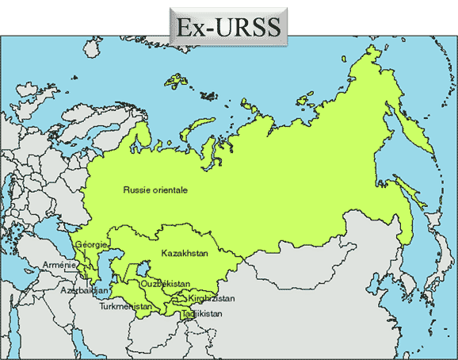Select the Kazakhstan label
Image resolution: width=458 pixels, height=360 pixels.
(x=184, y=253)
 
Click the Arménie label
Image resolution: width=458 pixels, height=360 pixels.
(x=60, y=265)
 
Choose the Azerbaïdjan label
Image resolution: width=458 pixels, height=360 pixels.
(x=84, y=290)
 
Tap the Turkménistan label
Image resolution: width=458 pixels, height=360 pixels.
(x=126, y=306)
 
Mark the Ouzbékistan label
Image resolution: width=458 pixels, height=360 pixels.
(x=165, y=283)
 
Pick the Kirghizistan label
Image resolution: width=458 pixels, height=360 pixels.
(x=212, y=298)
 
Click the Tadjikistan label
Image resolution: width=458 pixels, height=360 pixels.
(x=201, y=314)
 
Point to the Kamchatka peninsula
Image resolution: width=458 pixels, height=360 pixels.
(x=416, y=127)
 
